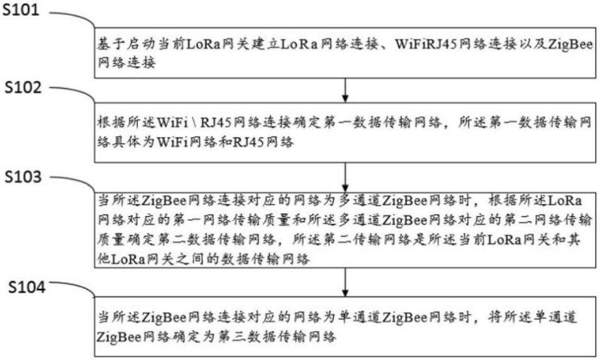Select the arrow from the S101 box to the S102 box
[x=345, y=89]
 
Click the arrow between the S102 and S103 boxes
[x=345, y=177]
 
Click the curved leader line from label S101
[x=72, y=17]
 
